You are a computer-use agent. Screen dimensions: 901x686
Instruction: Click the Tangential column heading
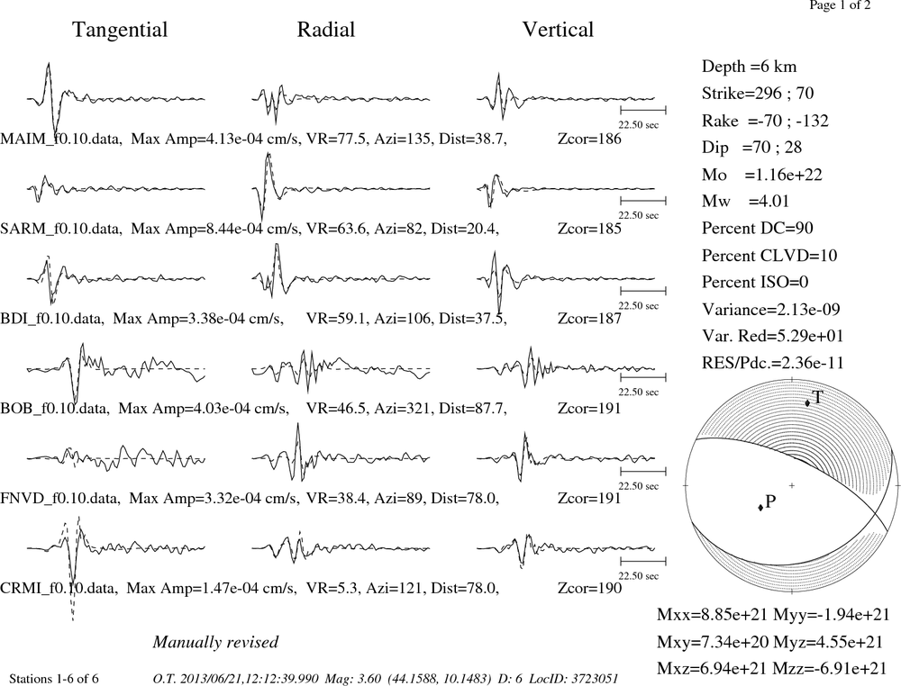[120, 30]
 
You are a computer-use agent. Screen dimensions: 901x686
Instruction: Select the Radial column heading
[326, 30]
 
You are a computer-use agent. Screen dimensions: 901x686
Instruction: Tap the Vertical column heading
[558, 30]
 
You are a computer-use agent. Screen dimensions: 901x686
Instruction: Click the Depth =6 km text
[749, 67]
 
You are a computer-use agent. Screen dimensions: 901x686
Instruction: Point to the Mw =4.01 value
[745, 201]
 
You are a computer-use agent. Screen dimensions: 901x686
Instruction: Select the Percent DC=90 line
[758, 228]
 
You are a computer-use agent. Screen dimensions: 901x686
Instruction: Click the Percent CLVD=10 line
[769, 255]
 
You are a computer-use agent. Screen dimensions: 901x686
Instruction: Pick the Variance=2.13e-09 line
[770, 310]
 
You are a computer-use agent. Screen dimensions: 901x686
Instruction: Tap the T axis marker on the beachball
[807, 403]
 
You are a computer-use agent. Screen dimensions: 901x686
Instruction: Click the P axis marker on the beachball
[760, 507]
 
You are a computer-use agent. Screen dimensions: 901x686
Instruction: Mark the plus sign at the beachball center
[792, 485]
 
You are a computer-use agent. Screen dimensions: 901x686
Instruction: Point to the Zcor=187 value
[589, 318]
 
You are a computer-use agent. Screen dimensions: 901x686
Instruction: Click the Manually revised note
[215, 642]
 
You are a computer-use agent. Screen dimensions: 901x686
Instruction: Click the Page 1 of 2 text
[840, 5]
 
